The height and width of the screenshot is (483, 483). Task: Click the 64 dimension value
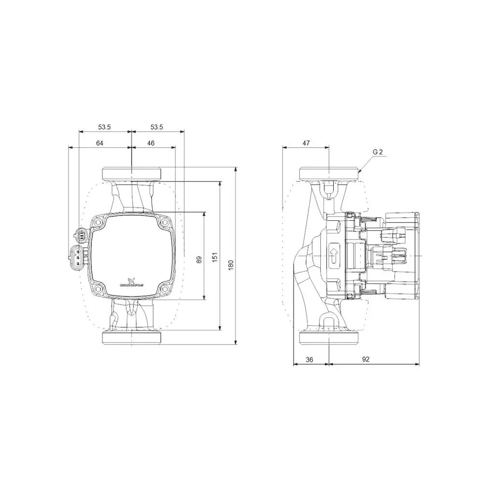click(100, 143)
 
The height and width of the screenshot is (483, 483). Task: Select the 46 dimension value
click(151, 143)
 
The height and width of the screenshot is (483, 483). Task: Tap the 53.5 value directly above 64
click(105, 127)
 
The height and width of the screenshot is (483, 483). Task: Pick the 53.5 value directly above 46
click(156, 127)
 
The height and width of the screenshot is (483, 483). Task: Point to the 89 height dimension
click(199, 259)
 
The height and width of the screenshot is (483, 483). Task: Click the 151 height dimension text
click(215, 258)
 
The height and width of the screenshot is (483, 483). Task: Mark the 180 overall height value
click(231, 264)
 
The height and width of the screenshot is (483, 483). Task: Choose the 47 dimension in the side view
click(306, 143)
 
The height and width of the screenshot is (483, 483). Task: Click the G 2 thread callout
click(378, 152)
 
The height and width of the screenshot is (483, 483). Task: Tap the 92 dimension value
click(366, 359)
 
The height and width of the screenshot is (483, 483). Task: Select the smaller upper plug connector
click(81, 236)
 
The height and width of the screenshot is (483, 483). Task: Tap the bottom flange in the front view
click(131, 338)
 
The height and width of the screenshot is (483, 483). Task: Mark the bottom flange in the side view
click(328, 338)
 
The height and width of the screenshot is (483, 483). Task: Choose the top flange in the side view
click(328, 173)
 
